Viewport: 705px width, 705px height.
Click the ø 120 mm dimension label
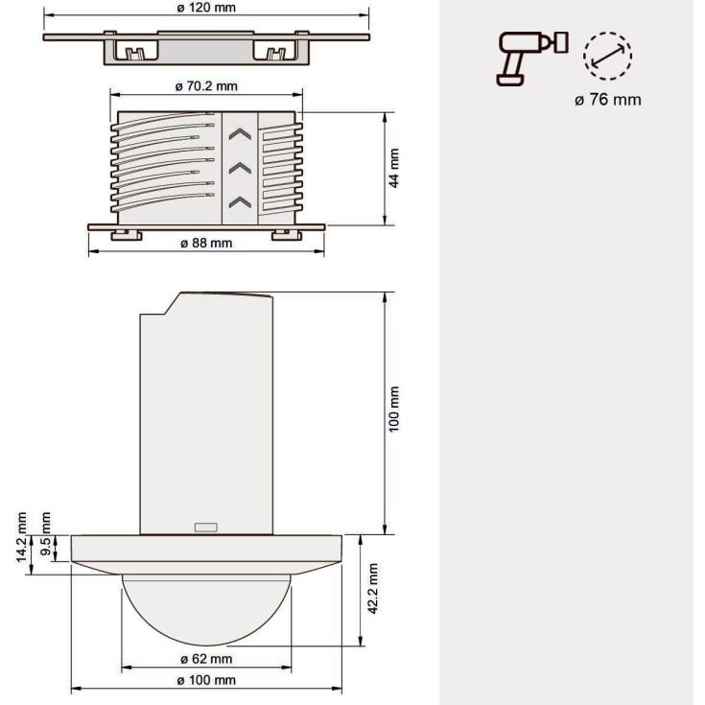point(206,8)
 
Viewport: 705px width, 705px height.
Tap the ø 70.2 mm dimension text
point(206,86)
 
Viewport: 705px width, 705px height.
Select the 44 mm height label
point(394,168)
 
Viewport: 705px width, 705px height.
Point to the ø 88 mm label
point(206,243)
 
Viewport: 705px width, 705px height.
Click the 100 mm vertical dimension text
point(394,410)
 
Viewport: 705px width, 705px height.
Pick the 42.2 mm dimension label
point(373,589)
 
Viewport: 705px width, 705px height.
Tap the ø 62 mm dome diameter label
point(206,659)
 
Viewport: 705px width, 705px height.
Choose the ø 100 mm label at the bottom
point(206,680)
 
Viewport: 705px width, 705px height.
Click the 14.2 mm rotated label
point(21,537)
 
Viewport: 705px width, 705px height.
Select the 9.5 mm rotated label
point(45,533)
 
